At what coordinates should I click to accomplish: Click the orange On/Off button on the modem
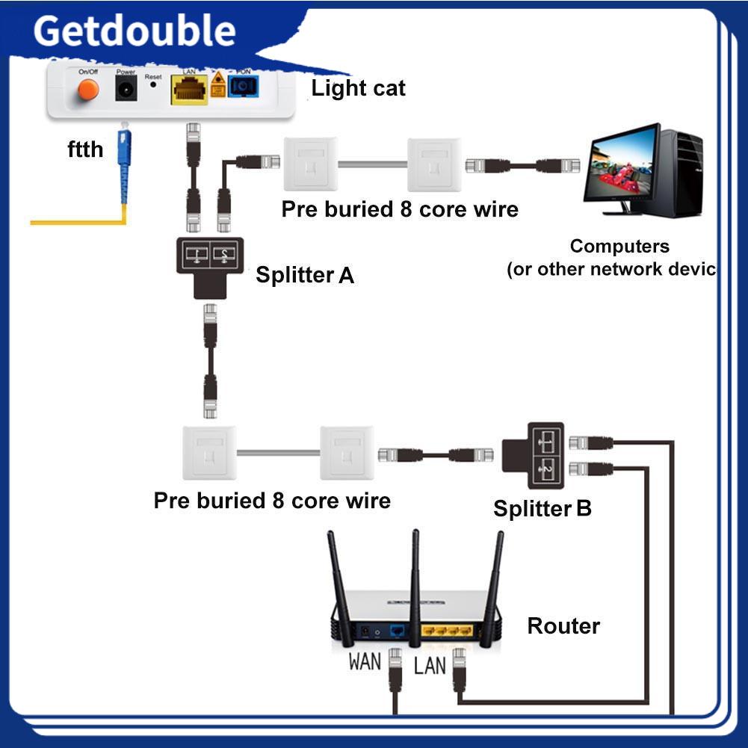pos(88,90)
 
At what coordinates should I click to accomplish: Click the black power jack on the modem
pos(126,90)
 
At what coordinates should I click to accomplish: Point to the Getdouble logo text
pos(135,31)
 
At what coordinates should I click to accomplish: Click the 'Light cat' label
pos(358,88)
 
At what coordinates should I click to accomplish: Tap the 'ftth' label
pos(85,149)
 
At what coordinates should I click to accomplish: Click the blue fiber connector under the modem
pos(121,157)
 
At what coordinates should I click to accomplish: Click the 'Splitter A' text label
pos(304,275)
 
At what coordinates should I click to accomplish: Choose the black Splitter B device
pos(544,454)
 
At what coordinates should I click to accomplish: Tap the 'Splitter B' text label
pos(542,509)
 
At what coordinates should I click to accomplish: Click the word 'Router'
pos(563,626)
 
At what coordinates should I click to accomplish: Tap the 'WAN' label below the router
pos(365,661)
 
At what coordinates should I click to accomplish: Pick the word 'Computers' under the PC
pos(619,246)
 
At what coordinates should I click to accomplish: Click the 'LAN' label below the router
pos(430,664)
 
